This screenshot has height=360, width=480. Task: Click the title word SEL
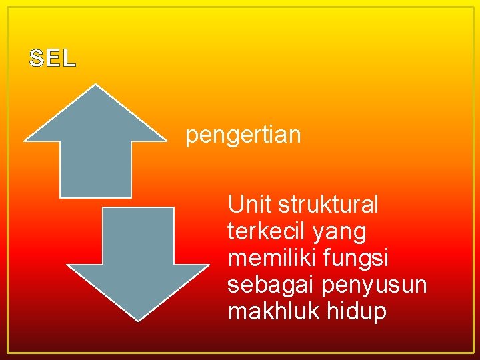[53, 59]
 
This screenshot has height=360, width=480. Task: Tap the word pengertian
[243, 136]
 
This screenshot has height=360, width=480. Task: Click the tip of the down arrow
[138, 319]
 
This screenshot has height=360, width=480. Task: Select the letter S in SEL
[37, 59]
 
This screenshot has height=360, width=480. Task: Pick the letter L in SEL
[69, 59]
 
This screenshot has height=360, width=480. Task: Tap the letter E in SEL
[53, 59]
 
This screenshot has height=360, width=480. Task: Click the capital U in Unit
[235, 204]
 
